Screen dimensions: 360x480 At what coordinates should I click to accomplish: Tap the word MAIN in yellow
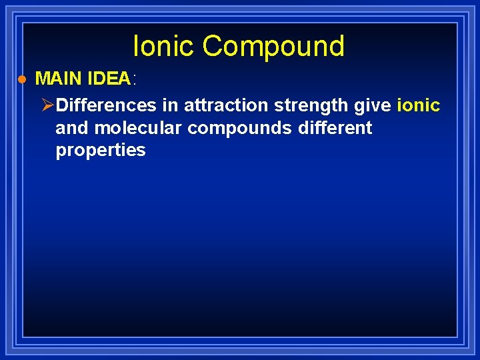pyautogui.click(x=59, y=79)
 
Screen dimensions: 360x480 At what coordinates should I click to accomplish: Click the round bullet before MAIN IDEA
pyautogui.click(x=21, y=79)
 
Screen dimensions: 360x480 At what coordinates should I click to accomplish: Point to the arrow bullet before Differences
pyautogui.click(x=47, y=105)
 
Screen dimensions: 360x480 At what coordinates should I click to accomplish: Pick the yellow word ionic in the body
pyautogui.click(x=419, y=105)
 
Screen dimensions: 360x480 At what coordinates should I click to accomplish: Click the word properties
pyautogui.click(x=100, y=151)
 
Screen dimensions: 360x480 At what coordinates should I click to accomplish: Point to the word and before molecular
pyautogui.click(x=72, y=127)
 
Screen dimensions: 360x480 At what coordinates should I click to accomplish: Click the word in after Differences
pyautogui.click(x=169, y=105)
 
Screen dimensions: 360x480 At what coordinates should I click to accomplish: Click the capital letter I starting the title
pyautogui.click(x=137, y=46)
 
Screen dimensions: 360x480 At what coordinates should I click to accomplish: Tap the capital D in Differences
pyautogui.click(x=61, y=105)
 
